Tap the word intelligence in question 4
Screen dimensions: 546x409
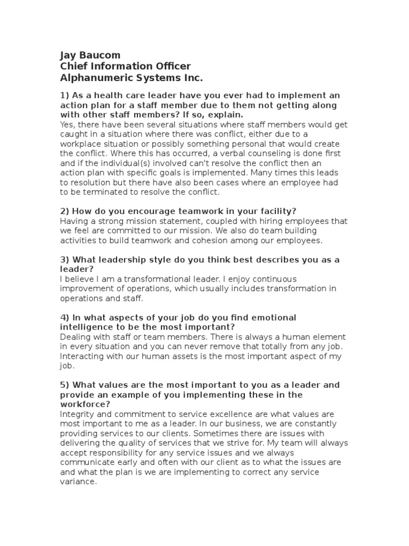(x=88, y=327)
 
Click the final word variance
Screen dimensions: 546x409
(x=78, y=481)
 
